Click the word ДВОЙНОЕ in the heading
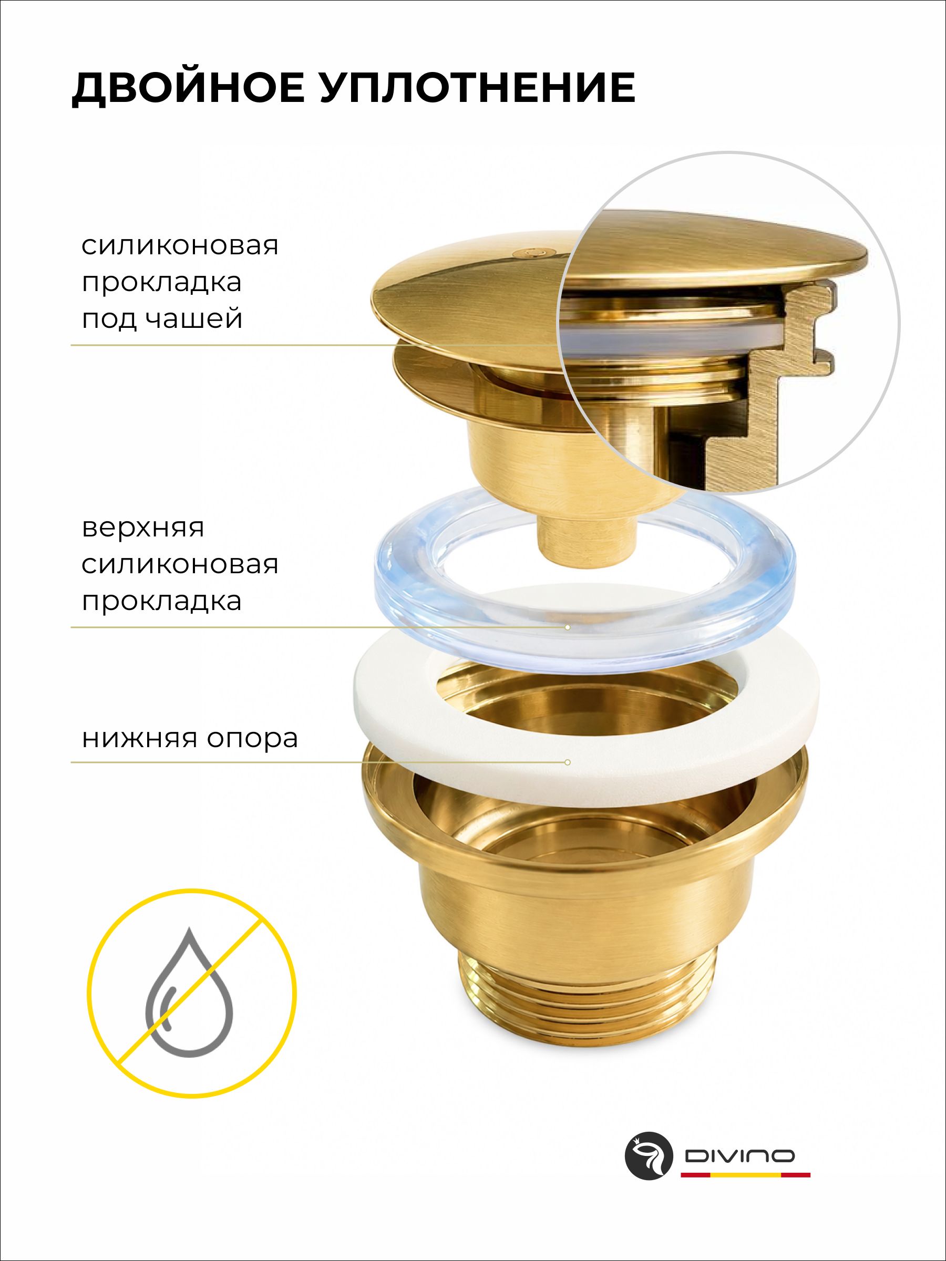coord(188,88)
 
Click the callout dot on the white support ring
coord(568,762)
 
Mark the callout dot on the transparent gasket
coord(568,627)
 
